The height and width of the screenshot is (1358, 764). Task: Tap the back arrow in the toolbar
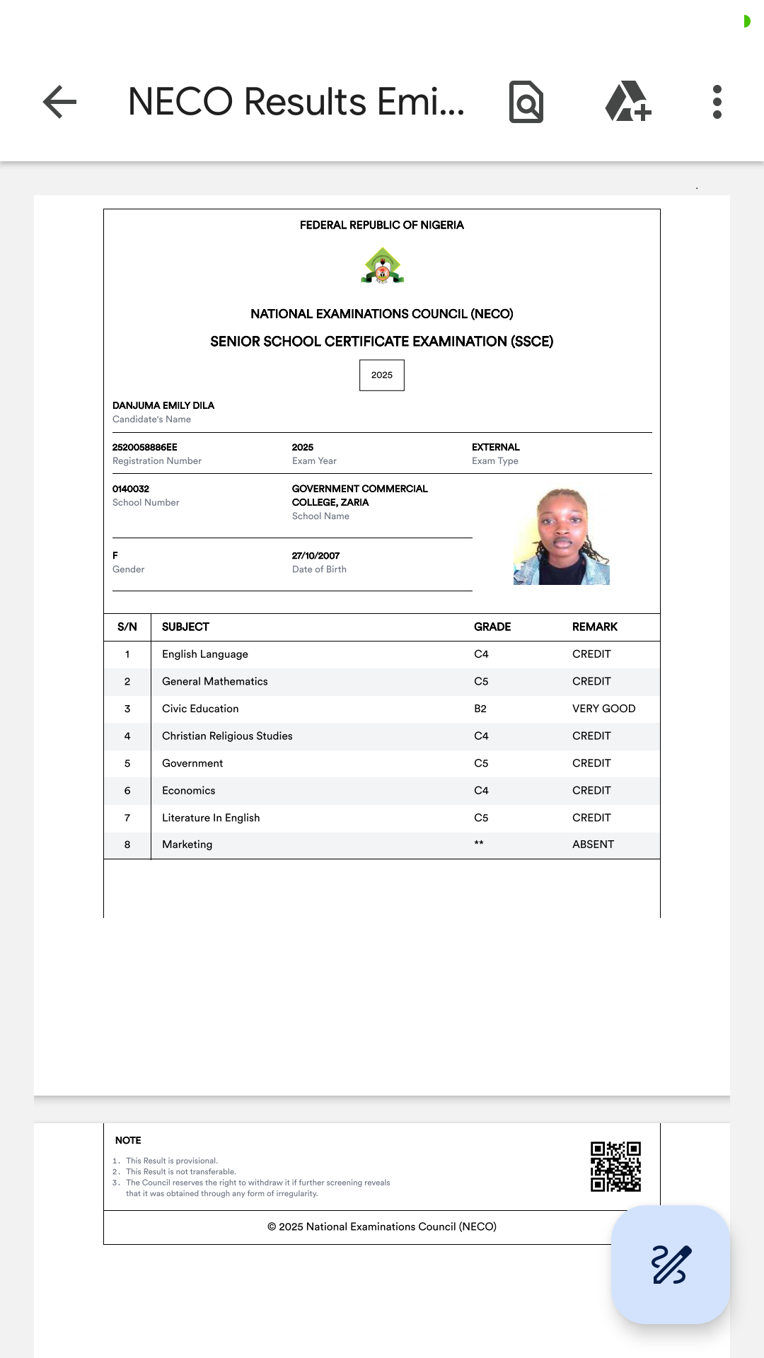(x=60, y=102)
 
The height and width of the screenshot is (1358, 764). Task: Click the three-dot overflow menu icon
(x=717, y=102)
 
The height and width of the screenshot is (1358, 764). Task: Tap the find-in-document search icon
(x=526, y=102)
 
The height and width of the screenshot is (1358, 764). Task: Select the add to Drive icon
(x=627, y=102)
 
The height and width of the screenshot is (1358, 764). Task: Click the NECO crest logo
(x=382, y=266)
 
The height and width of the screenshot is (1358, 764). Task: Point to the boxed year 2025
(x=382, y=375)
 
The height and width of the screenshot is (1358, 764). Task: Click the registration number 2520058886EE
(x=145, y=447)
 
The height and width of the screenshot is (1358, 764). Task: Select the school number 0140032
(x=131, y=489)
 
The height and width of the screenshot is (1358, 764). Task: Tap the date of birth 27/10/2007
(x=316, y=556)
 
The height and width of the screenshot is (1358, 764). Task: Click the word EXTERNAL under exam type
(x=496, y=447)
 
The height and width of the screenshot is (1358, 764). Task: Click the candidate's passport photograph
(x=562, y=536)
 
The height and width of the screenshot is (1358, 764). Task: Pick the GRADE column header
(x=492, y=627)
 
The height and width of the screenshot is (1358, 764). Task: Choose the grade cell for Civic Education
(x=480, y=709)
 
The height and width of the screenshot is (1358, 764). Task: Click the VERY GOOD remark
(x=603, y=709)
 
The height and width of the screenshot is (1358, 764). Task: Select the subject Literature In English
(x=211, y=818)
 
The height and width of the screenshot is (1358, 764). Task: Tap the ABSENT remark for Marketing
(x=593, y=845)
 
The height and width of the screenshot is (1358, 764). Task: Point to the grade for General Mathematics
(x=481, y=681)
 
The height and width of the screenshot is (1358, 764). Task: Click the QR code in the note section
(x=615, y=1166)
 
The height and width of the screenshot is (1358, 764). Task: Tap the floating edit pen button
(x=671, y=1265)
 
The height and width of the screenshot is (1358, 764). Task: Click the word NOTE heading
(x=128, y=1140)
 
